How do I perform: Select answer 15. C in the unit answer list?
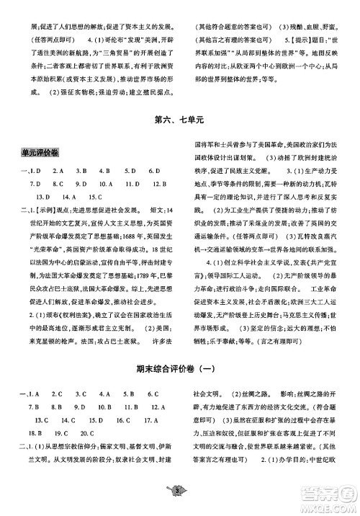[96, 196]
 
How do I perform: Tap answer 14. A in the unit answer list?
[69, 196]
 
